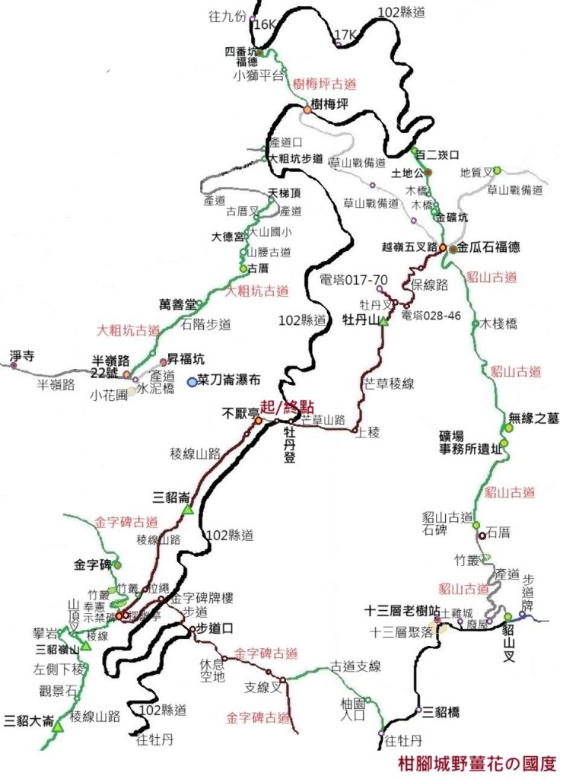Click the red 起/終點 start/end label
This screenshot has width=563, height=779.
tap(287, 406)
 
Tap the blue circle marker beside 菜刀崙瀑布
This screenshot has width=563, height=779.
tap(192, 381)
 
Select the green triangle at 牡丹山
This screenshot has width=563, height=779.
tap(383, 323)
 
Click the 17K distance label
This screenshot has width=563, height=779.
tap(345, 35)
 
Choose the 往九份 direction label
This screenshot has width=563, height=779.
tap(227, 15)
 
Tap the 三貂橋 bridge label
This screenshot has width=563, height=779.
tap(441, 712)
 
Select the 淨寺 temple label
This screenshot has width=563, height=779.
tap(21, 355)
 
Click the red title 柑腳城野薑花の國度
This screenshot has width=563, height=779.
tap(477, 762)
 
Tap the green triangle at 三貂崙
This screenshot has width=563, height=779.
tap(187, 510)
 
